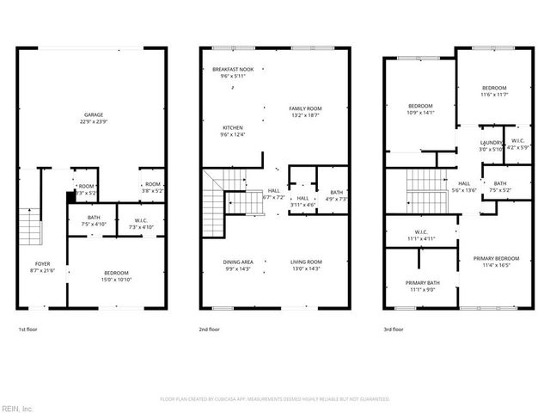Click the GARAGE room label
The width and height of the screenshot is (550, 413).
[93, 114]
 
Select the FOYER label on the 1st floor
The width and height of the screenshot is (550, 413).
[42, 263]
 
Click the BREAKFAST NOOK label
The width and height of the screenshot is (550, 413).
[233, 69]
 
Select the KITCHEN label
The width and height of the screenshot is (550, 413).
[233, 127]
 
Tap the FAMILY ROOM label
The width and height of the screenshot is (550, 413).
[305, 108]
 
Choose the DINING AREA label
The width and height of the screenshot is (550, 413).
[238, 262]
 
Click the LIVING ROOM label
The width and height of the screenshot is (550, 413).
[305, 262]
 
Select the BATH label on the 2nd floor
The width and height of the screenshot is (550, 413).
[335, 193]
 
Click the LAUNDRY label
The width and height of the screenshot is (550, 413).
[491, 143]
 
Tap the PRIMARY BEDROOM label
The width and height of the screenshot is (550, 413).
[496, 258]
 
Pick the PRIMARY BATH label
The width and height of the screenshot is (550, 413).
[422, 283]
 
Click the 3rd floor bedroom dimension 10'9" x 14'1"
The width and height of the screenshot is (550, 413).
[420, 112]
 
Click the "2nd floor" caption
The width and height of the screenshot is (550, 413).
[210, 329]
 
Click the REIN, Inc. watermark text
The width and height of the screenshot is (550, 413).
[17, 408]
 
